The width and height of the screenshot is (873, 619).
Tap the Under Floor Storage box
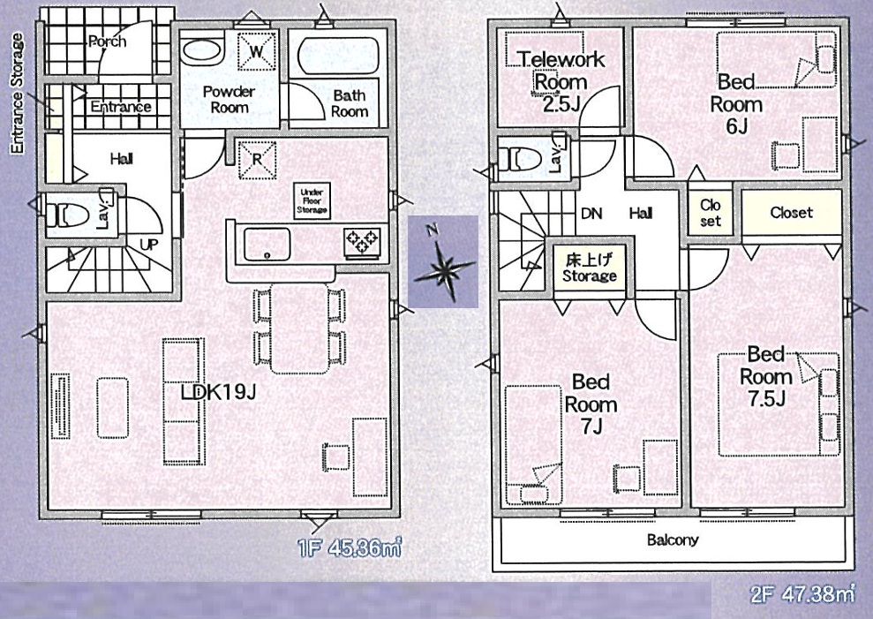[312, 201]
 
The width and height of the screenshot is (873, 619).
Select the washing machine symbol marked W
[257, 51]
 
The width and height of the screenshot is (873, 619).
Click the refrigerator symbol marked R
[257, 160]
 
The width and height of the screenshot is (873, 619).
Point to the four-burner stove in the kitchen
[362, 242]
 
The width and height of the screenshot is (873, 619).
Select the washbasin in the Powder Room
[202, 50]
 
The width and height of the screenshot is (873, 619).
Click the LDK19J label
[218, 392]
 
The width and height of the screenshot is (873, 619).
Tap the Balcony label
[673, 540]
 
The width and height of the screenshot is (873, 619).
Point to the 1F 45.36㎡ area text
[349, 548]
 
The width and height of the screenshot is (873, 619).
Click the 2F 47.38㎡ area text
[802, 595]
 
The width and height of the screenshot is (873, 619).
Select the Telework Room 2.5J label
[561, 81]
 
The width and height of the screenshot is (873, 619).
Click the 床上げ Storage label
[590, 268]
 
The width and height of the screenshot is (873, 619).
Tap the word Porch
[107, 42]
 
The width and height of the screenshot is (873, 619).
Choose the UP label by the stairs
[148, 244]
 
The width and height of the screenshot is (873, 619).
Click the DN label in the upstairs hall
[591, 214]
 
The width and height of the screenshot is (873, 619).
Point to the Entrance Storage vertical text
[18, 93]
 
